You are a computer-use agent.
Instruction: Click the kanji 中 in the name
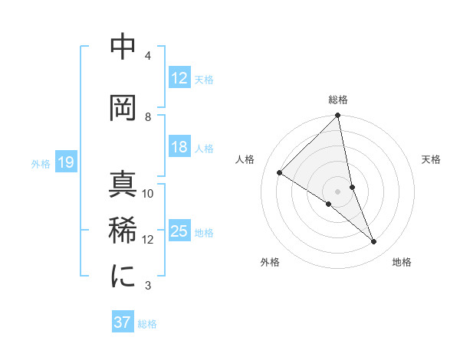(x=123, y=47)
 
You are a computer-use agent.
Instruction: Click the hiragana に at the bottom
(x=123, y=277)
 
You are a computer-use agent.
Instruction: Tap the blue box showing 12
(x=179, y=77)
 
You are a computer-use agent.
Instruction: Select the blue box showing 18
(x=179, y=147)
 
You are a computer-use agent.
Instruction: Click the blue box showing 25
(x=179, y=231)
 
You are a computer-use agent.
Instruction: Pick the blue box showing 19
(x=65, y=162)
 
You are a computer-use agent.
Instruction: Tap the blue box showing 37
(x=122, y=322)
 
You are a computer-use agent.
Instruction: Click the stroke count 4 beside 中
(x=147, y=56)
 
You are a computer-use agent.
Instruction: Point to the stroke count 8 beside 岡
(x=147, y=116)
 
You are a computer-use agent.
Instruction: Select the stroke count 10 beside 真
(x=148, y=194)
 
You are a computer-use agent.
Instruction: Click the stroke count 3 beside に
(x=147, y=286)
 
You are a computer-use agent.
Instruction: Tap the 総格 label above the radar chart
(x=338, y=100)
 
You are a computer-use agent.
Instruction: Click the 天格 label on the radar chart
(x=432, y=159)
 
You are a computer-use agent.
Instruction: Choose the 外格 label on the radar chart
(x=270, y=262)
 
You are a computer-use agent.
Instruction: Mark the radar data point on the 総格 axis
(x=338, y=116)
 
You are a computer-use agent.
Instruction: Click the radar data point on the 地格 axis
(x=374, y=242)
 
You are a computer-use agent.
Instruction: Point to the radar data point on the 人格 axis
(x=280, y=172)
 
